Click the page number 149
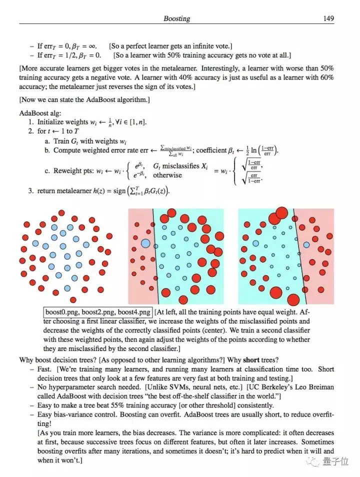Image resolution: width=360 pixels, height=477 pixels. [328, 19]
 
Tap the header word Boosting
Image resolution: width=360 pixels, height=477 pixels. [176, 19]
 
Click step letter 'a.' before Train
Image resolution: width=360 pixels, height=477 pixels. [47, 141]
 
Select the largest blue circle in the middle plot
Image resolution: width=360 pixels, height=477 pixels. [145, 243]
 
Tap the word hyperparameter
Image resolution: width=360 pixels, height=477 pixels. [76, 387]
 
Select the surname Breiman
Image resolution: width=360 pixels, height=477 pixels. [321, 387]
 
